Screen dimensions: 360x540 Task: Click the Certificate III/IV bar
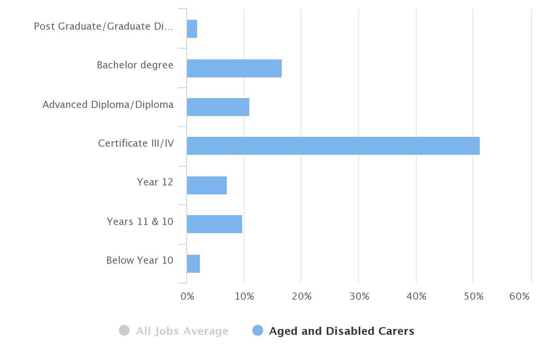pyautogui.click(x=333, y=146)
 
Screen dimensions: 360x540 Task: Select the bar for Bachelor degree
pyautogui.click(x=234, y=68)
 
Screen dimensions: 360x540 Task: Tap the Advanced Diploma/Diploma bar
pyautogui.click(x=218, y=107)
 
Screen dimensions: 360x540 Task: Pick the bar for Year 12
pyautogui.click(x=207, y=185)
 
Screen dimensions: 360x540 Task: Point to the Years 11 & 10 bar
pyautogui.click(x=214, y=224)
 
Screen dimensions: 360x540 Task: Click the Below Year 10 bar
pyautogui.click(x=193, y=264)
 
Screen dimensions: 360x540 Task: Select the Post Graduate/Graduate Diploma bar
pyautogui.click(x=192, y=29)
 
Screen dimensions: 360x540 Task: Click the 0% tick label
pyautogui.click(x=187, y=297)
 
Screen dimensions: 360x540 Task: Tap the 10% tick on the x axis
pyautogui.click(x=244, y=297)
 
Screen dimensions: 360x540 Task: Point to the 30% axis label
pyautogui.click(x=359, y=297)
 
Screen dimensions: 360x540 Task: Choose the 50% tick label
pyautogui.click(x=473, y=297)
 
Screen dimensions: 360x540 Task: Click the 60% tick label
pyautogui.click(x=519, y=297)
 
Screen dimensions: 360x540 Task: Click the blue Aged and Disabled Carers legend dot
pyautogui.click(x=258, y=331)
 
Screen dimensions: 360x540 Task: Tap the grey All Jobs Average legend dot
pyautogui.click(x=124, y=331)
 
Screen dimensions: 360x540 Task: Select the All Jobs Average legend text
pyautogui.click(x=182, y=331)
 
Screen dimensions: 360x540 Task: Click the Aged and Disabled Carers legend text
pyautogui.click(x=342, y=331)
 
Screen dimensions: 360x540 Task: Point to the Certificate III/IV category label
pyautogui.click(x=136, y=144)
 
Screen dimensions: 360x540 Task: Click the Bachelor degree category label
pyautogui.click(x=135, y=65)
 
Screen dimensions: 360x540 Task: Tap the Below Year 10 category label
pyautogui.click(x=139, y=261)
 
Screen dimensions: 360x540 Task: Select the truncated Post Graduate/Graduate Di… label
pyautogui.click(x=103, y=27)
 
